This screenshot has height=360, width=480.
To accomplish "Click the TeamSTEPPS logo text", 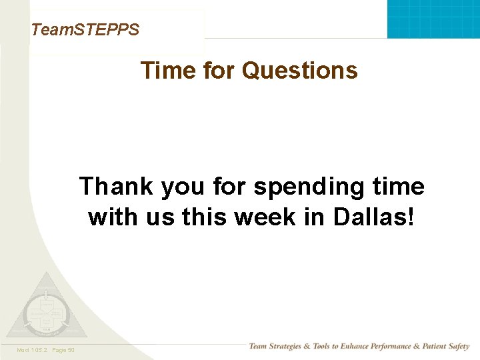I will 85,29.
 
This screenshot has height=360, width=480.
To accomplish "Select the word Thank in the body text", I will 116,186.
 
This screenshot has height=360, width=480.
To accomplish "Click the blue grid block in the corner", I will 433,19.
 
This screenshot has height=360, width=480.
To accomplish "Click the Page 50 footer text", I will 62,350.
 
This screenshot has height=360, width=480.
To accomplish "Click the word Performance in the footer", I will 390,347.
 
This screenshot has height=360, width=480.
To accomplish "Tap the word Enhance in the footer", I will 351,347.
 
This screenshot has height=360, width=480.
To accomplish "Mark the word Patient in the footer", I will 430,347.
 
